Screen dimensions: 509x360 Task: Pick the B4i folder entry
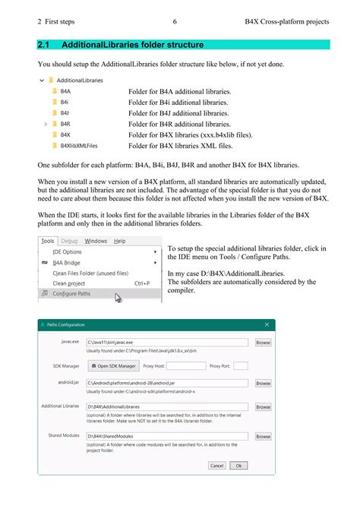point(65,102)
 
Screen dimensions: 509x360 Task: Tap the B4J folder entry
point(65,112)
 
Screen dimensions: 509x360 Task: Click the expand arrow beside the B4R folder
point(46,123)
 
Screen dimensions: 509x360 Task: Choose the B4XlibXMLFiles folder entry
point(78,144)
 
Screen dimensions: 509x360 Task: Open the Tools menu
point(47,241)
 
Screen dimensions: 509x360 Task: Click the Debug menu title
point(69,241)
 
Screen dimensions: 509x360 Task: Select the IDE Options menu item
point(67,251)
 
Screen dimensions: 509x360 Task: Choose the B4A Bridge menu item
point(68,262)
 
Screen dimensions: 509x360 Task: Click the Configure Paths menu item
point(72,293)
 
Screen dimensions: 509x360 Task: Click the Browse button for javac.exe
point(263,343)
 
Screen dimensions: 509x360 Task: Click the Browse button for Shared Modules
point(263,437)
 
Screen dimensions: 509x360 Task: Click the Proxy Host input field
point(186,365)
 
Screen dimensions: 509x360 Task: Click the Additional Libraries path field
point(167,407)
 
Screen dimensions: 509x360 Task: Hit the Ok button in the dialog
point(238,466)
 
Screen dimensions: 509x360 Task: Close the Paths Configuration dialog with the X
point(267,325)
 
